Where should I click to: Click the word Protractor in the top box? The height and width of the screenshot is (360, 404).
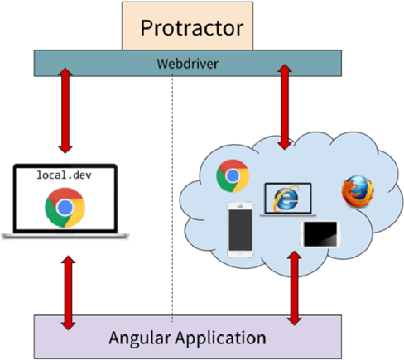click(x=191, y=27)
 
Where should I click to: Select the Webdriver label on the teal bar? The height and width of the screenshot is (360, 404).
click(x=187, y=62)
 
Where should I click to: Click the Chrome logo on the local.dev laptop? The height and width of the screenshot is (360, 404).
click(x=64, y=208)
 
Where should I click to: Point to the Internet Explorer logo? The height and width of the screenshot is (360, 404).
click(x=286, y=199)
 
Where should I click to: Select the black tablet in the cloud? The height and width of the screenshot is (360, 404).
click(x=321, y=233)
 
